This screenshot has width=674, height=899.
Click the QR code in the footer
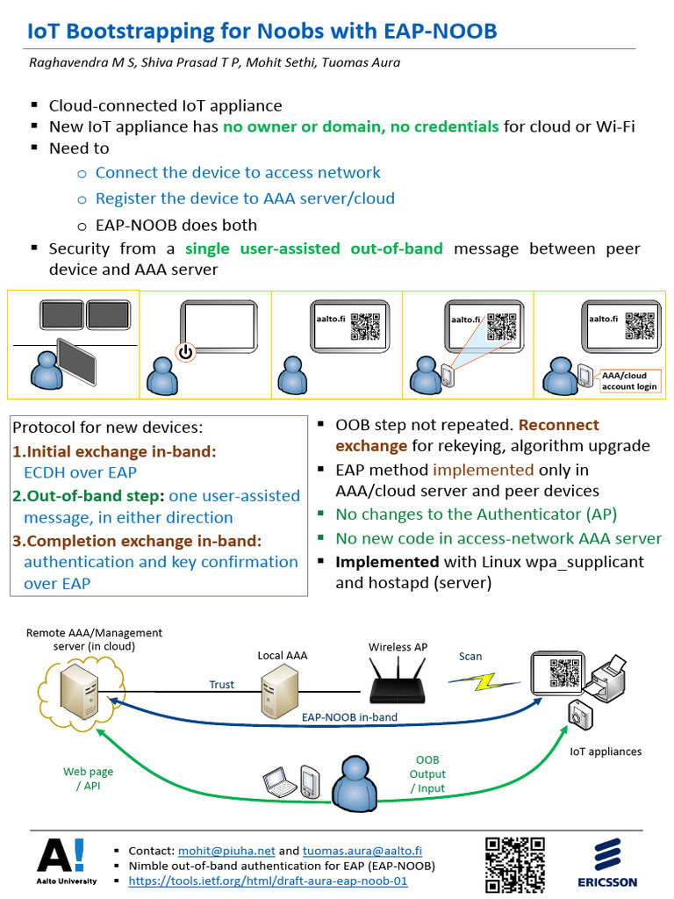(x=515, y=863)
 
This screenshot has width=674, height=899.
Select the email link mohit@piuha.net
(x=226, y=851)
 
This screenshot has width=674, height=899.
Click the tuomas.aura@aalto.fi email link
(x=362, y=851)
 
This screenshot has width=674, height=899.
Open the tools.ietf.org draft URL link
(x=268, y=881)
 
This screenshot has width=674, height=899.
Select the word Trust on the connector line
(x=221, y=685)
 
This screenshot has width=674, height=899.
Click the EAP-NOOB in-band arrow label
(x=349, y=717)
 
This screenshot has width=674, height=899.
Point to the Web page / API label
(x=88, y=778)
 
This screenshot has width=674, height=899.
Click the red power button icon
(x=184, y=353)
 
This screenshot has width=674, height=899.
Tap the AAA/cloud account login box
(x=629, y=381)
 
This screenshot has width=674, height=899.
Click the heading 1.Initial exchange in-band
(x=114, y=451)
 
